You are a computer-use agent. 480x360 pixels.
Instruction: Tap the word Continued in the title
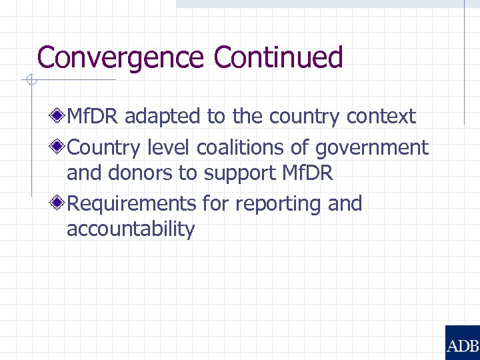coord(279,58)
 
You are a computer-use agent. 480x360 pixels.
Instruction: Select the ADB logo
coord(462,343)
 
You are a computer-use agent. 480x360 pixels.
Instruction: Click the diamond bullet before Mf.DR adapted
coord(59,117)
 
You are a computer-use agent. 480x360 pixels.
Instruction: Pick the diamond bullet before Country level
coord(59,146)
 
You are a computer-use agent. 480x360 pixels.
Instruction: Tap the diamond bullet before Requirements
coord(59,203)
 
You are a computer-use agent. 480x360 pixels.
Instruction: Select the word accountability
coord(131,230)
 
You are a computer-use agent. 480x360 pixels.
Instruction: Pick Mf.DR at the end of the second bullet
coord(308,173)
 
